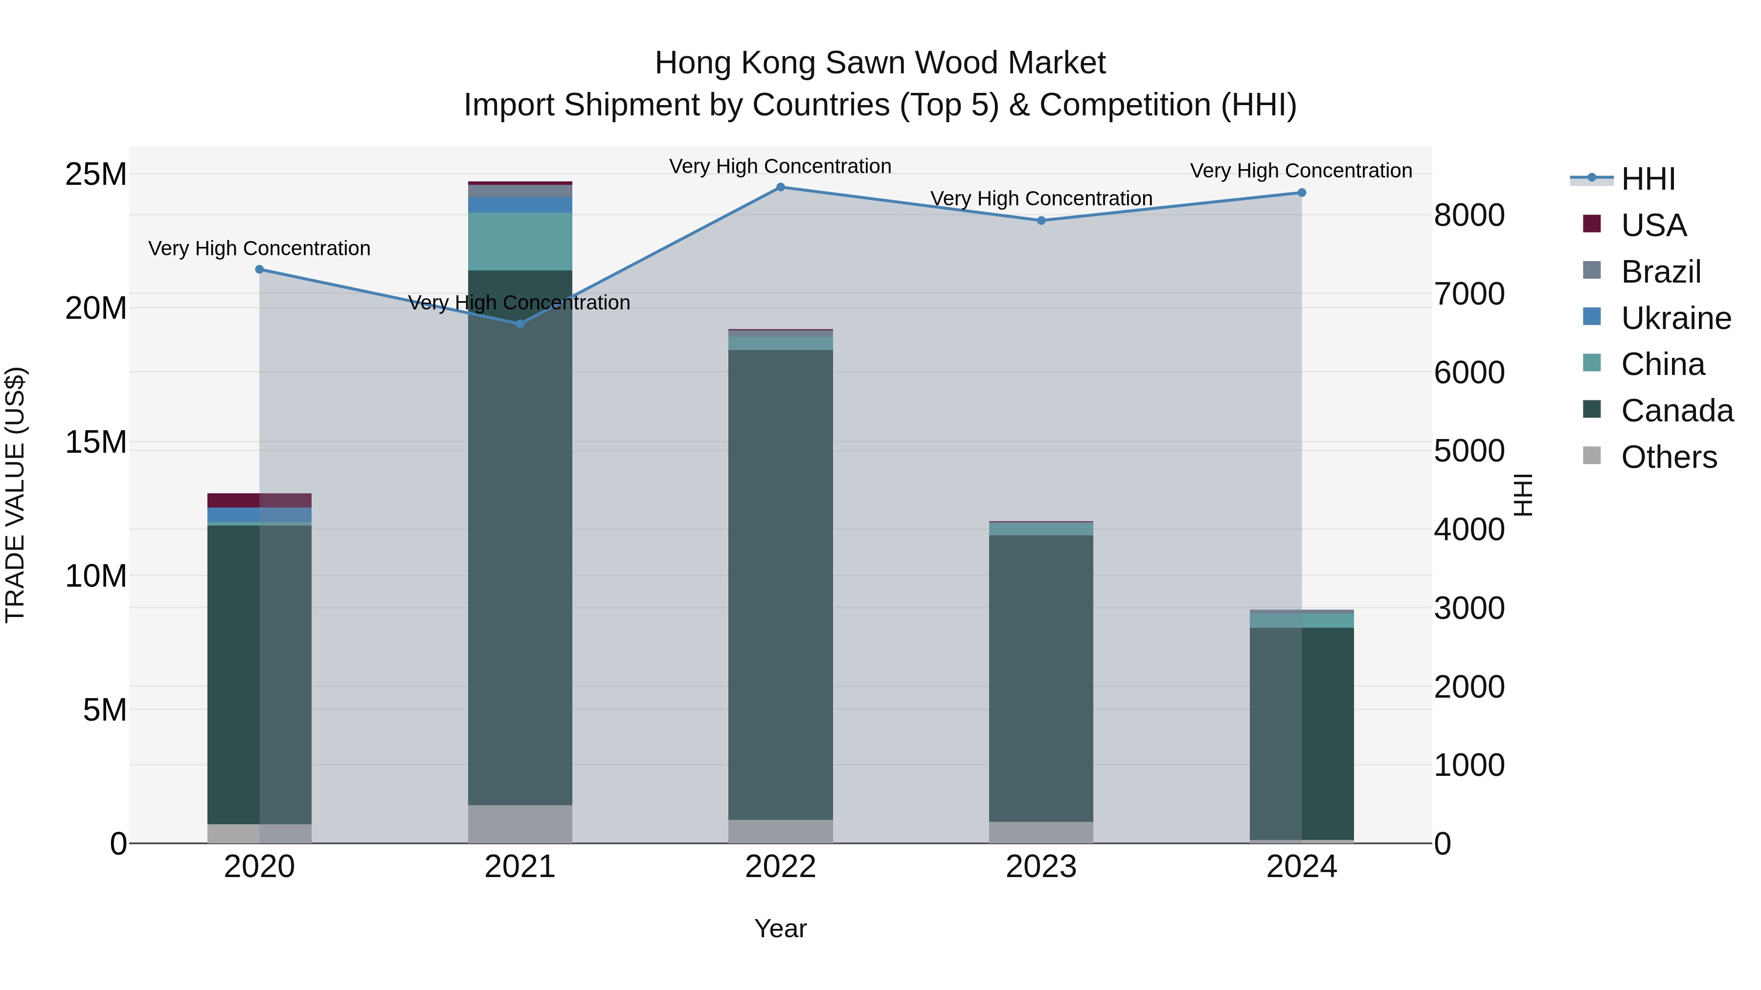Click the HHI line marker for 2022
780,187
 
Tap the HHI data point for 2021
519,324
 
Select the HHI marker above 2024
1302,193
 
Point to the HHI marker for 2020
259,269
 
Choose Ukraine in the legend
1675,318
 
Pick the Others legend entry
1669,457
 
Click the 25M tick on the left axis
96,174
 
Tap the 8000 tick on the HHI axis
1469,215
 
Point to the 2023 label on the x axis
1040,867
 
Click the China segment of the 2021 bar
519,241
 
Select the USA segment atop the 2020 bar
259,500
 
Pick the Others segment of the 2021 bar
519,824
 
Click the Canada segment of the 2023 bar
1040,677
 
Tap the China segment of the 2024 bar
1302,620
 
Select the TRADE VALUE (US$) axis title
15,495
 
